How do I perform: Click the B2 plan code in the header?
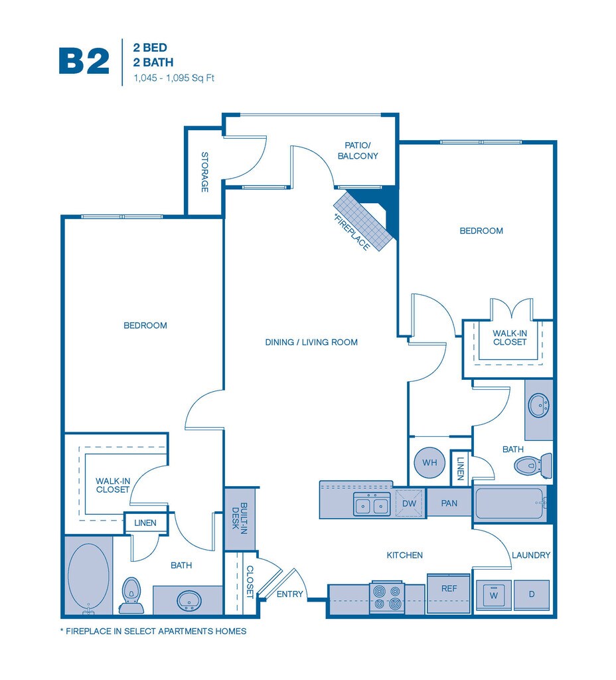pos(84,62)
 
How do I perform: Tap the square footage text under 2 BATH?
pos(174,78)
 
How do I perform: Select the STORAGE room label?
pos(204,172)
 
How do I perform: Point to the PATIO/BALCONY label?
pos(358,151)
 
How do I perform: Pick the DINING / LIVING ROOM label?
pos(311,342)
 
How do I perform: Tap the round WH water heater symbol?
pos(429,462)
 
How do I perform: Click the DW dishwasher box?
pos(409,503)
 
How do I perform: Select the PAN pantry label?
pos(449,503)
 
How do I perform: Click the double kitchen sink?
pos(372,505)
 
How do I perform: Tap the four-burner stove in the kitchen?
pos(387,597)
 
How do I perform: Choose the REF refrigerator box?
pos(449,593)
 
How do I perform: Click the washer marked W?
pos(494,595)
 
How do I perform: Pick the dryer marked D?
pos(532,594)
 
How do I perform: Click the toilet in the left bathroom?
pos(131,596)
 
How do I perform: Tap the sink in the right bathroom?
pos(539,405)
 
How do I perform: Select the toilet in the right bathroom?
pos(533,466)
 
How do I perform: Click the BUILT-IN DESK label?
pos(239,518)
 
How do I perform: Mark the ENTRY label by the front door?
pos(289,594)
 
